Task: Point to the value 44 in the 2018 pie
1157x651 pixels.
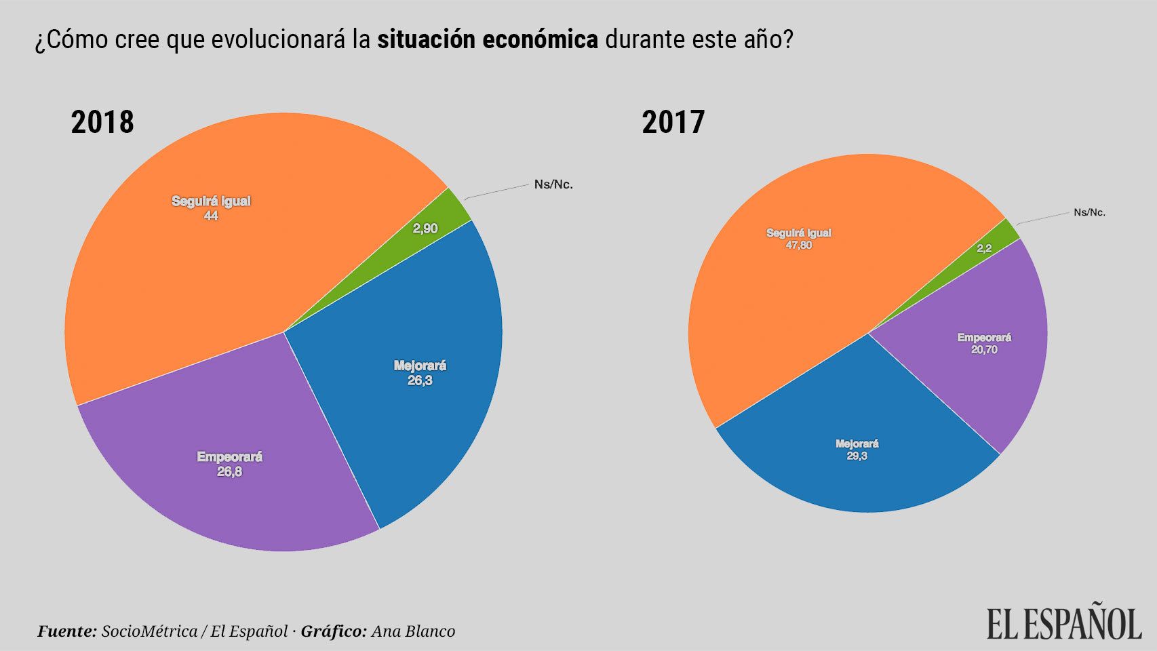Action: click(x=211, y=216)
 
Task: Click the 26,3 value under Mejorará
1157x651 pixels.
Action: click(x=420, y=380)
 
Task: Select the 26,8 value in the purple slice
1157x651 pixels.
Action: click(x=229, y=471)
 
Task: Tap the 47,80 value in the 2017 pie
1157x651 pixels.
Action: click(x=798, y=245)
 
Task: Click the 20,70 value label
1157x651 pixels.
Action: click(x=984, y=350)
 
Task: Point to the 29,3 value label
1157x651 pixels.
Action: click(x=857, y=456)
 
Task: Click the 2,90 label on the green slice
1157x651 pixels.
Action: click(x=425, y=229)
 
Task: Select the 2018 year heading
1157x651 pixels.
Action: click(x=102, y=123)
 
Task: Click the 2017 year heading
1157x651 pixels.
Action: click(x=673, y=123)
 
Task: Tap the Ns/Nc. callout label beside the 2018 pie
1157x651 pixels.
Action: click(x=553, y=184)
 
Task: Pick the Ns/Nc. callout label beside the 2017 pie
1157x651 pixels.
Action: click(x=1089, y=212)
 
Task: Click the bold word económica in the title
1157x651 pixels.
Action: click(x=540, y=40)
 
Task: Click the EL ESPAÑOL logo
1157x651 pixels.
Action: click(x=1063, y=623)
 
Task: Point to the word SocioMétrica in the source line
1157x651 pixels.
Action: click(x=149, y=631)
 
